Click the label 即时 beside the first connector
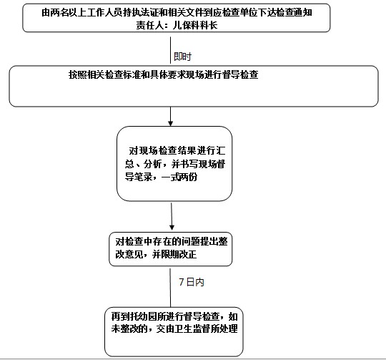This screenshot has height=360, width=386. (182, 57)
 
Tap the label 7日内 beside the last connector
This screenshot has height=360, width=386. (192, 282)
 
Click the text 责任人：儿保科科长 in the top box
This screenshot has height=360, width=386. (177, 25)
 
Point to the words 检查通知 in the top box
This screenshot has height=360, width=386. (295, 12)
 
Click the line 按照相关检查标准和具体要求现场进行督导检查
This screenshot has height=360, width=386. (164, 74)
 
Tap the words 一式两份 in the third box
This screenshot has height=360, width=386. (179, 177)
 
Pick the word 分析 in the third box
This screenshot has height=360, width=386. (153, 164)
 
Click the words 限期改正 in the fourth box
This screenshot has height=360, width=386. (179, 254)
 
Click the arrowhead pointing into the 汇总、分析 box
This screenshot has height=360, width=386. (170, 123)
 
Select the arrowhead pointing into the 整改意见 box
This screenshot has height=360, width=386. (172, 228)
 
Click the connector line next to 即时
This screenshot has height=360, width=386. (170, 50)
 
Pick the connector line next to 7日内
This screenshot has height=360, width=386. (170, 288)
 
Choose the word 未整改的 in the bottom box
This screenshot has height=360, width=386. (129, 329)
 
